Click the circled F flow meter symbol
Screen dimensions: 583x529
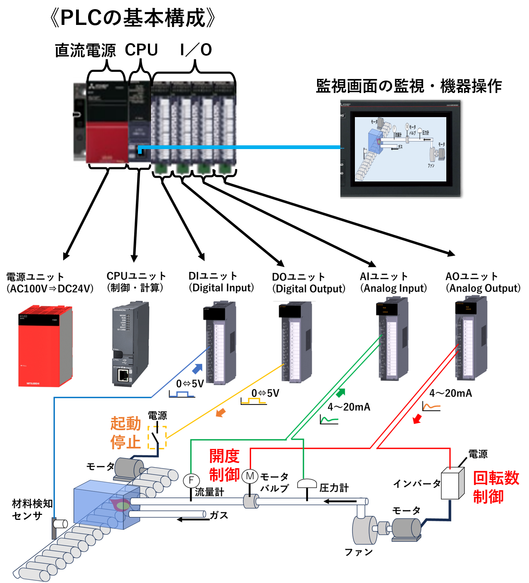[191, 480]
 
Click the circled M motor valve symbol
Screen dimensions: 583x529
[250, 476]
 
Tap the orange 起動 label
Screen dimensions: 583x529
[125, 424]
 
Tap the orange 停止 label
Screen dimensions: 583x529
[125, 442]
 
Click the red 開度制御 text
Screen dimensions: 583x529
[224, 465]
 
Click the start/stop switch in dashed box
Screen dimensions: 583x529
[157, 437]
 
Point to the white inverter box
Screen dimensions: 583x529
[452, 483]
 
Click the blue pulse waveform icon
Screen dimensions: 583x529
[182, 394]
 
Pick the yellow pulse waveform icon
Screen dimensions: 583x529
[253, 401]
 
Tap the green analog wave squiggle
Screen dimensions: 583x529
[330, 420]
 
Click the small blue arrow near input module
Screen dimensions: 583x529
[197, 369]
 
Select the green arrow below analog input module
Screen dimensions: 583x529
[340, 392]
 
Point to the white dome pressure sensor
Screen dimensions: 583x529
[307, 483]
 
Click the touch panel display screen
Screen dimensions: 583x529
[400, 149]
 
